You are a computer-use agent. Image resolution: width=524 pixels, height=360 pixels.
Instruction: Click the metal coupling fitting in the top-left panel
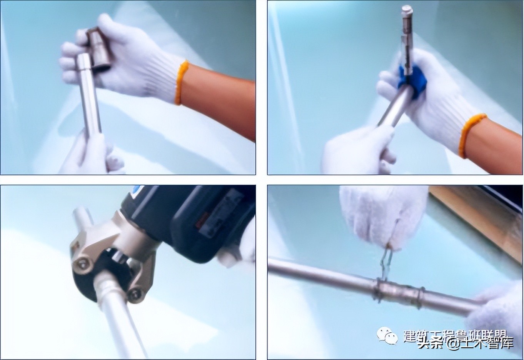click(98, 50)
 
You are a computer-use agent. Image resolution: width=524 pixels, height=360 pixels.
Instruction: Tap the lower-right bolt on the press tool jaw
click(135, 294)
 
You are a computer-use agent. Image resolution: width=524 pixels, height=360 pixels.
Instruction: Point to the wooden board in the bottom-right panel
click(477, 215)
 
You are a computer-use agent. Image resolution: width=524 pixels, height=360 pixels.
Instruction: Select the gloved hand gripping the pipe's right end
click(496, 312)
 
